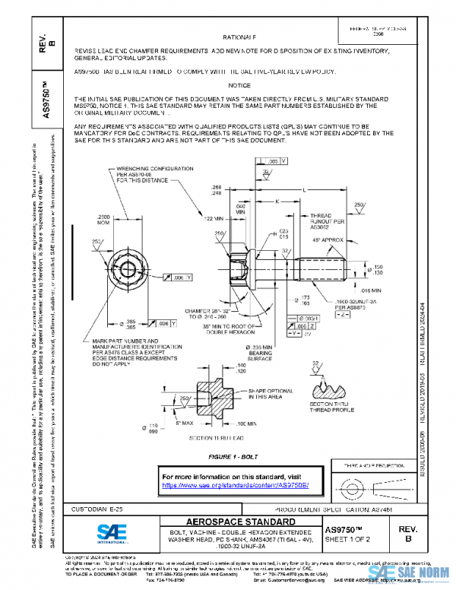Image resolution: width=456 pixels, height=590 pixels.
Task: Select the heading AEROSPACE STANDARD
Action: [x=230, y=522]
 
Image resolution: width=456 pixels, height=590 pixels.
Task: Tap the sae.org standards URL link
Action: [x=241, y=484]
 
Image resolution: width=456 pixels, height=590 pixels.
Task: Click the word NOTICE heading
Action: [x=239, y=86]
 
